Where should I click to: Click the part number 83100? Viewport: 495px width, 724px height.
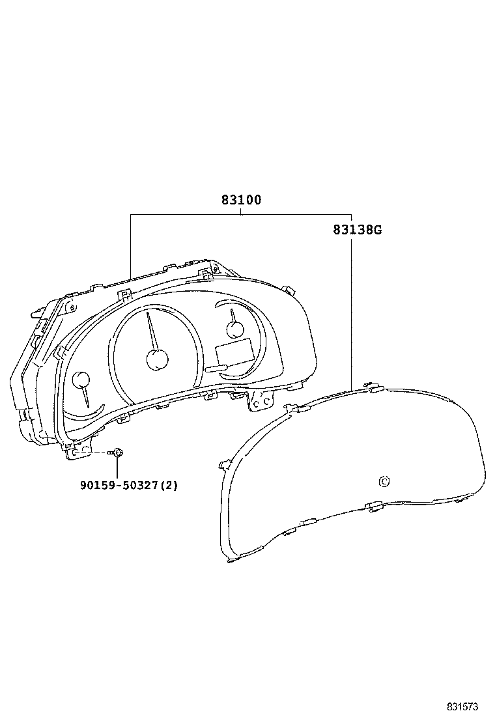click(x=241, y=201)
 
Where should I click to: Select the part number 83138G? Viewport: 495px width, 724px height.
click(x=357, y=230)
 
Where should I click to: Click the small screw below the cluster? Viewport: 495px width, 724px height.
click(x=118, y=452)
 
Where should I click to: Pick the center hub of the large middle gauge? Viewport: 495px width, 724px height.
click(x=157, y=359)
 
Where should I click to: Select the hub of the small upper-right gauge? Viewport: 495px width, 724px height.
click(x=235, y=327)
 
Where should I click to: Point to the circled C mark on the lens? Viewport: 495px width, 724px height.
click(x=384, y=482)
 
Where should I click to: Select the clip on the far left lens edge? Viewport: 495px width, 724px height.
click(x=225, y=464)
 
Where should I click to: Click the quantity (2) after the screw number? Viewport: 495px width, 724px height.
click(x=171, y=485)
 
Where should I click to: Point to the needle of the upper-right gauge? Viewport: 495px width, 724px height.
click(x=232, y=315)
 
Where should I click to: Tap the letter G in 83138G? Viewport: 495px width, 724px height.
click(x=377, y=230)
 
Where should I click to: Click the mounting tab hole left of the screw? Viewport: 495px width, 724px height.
click(x=76, y=452)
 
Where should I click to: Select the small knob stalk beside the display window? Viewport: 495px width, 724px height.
click(x=216, y=369)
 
